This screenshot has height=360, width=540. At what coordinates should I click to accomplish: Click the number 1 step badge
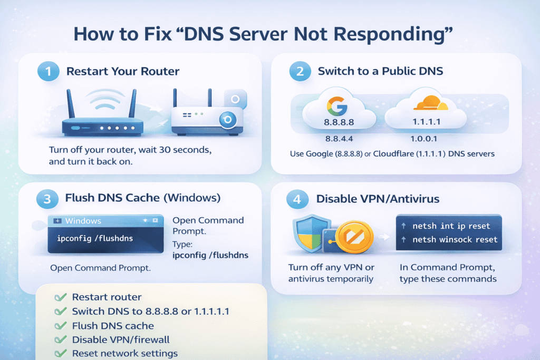click(48, 72)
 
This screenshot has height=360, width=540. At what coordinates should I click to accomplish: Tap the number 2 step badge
click(300, 72)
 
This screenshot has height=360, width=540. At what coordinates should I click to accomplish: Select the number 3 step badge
click(47, 199)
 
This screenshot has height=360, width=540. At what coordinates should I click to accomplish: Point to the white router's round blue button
click(228, 120)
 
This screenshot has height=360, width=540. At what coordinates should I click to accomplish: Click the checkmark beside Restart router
click(61, 297)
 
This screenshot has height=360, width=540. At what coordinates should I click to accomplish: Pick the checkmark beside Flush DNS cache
click(61, 326)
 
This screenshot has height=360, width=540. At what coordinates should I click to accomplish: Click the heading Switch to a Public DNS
click(379, 72)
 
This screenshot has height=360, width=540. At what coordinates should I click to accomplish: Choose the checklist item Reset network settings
click(124, 353)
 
